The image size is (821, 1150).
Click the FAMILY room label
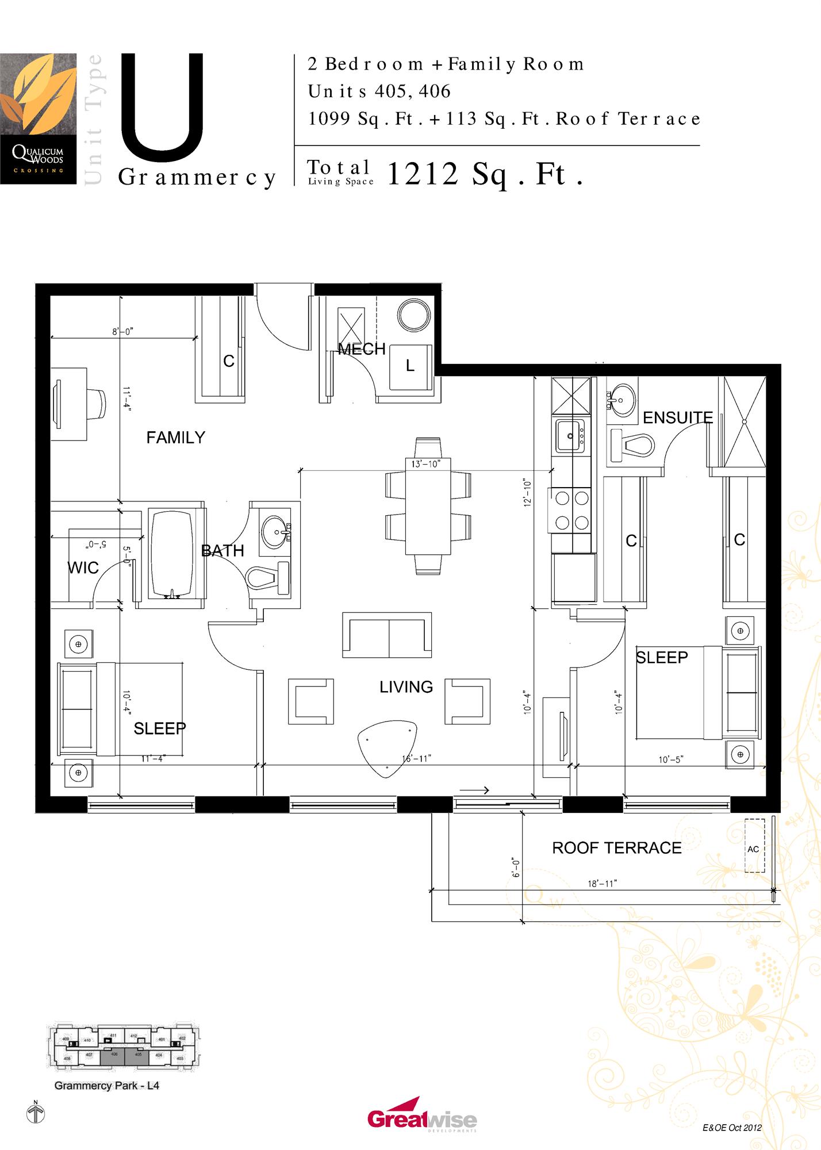[175, 438]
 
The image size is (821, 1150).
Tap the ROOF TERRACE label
[616, 848]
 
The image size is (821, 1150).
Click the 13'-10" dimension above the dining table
[425, 464]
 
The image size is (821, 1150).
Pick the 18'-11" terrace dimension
[602, 884]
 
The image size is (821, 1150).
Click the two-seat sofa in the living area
[387, 635]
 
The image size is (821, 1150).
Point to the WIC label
[83, 568]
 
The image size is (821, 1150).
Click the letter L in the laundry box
[410, 366]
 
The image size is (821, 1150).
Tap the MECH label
[361, 349]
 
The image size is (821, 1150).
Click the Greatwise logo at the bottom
[422, 1118]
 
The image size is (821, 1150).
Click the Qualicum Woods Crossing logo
[38, 118]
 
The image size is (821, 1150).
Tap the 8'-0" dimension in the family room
[122, 332]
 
